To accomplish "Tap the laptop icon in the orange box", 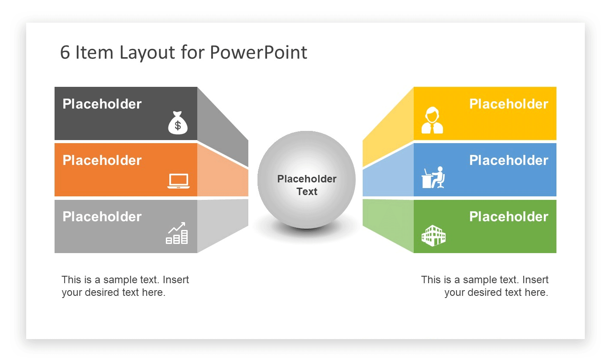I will point(178,181).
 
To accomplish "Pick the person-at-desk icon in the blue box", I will point(433,177).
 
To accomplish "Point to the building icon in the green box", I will point(433,236).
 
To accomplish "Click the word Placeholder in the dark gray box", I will point(102,104).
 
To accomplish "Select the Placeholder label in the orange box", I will point(102,160).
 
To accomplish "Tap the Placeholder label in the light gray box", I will point(102,216).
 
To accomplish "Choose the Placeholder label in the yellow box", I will point(508,104).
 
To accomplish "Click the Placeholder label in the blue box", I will point(508,160).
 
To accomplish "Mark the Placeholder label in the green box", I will point(508,216).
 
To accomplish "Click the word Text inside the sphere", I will point(307,192).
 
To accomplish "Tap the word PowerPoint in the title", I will point(258,52).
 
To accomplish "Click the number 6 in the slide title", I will point(65,53).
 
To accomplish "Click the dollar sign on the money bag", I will point(178,126).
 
